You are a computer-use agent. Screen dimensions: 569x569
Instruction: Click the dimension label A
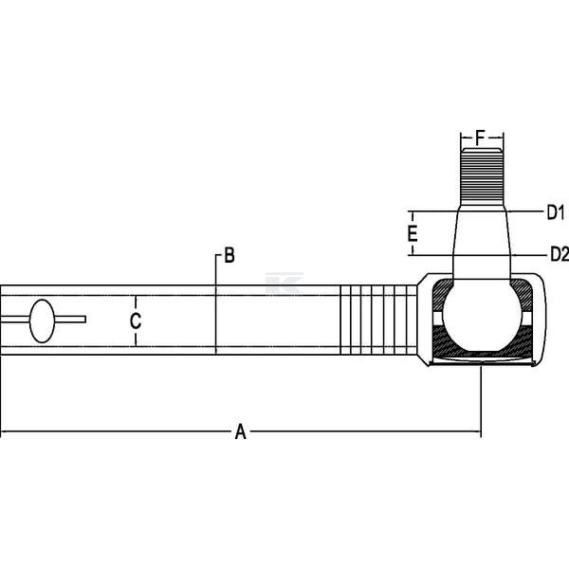(240, 431)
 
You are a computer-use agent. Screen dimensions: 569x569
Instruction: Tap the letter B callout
(229, 255)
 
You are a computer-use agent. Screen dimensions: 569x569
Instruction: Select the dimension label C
(136, 321)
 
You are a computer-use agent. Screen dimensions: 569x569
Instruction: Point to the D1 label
(556, 212)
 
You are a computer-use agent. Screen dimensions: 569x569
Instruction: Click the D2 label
(560, 254)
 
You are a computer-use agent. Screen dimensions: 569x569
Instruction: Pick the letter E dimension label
(413, 233)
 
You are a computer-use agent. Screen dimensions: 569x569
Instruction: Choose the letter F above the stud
(480, 138)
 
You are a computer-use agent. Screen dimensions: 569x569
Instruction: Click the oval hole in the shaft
(42, 321)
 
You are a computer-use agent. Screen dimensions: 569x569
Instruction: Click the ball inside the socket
(482, 315)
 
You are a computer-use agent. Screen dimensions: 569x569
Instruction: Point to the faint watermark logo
(284, 283)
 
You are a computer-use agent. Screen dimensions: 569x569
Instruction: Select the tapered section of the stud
(482, 242)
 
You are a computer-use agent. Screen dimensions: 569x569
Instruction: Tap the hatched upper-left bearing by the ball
(442, 295)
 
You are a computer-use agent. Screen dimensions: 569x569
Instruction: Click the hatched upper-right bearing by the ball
(522, 295)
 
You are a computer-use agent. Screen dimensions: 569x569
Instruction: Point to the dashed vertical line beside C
(136, 321)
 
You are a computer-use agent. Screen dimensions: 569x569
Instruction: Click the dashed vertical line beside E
(413, 233)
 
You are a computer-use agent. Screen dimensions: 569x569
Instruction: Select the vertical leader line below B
(216, 304)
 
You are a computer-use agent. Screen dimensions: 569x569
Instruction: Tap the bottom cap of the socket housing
(482, 362)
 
